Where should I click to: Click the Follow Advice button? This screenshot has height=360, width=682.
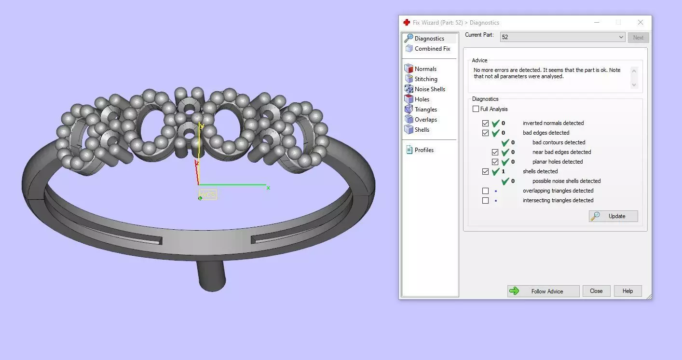click(x=543, y=291)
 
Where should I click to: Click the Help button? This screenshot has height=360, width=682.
click(x=627, y=291)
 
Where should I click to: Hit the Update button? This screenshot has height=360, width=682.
click(x=613, y=216)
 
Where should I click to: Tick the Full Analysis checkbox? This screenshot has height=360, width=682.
click(x=476, y=109)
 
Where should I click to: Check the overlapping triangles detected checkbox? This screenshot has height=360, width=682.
click(x=485, y=191)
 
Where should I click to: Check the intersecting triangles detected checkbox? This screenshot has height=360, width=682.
click(x=485, y=200)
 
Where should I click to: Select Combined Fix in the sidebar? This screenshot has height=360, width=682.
click(x=432, y=49)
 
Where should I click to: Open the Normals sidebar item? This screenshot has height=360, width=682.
click(x=425, y=69)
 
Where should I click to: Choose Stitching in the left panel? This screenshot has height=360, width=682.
click(x=425, y=79)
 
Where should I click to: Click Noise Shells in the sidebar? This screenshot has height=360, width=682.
click(x=429, y=89)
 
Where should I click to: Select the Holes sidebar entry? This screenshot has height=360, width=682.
click(x=422, y=99)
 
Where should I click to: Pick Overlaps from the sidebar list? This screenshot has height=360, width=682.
click(x=425, y=120)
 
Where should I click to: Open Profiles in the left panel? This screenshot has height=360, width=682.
click(x=423, y=150)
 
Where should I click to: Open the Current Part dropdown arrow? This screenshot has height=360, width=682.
click(x=621, y=37)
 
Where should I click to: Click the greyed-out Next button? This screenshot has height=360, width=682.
click(x=638, y=38)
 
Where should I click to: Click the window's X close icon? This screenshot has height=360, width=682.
click(x=640, y=22)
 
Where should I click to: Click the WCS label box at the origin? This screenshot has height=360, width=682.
click(x=208, y=195)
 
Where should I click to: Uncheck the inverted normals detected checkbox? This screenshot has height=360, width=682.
click(x=485, y=123)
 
